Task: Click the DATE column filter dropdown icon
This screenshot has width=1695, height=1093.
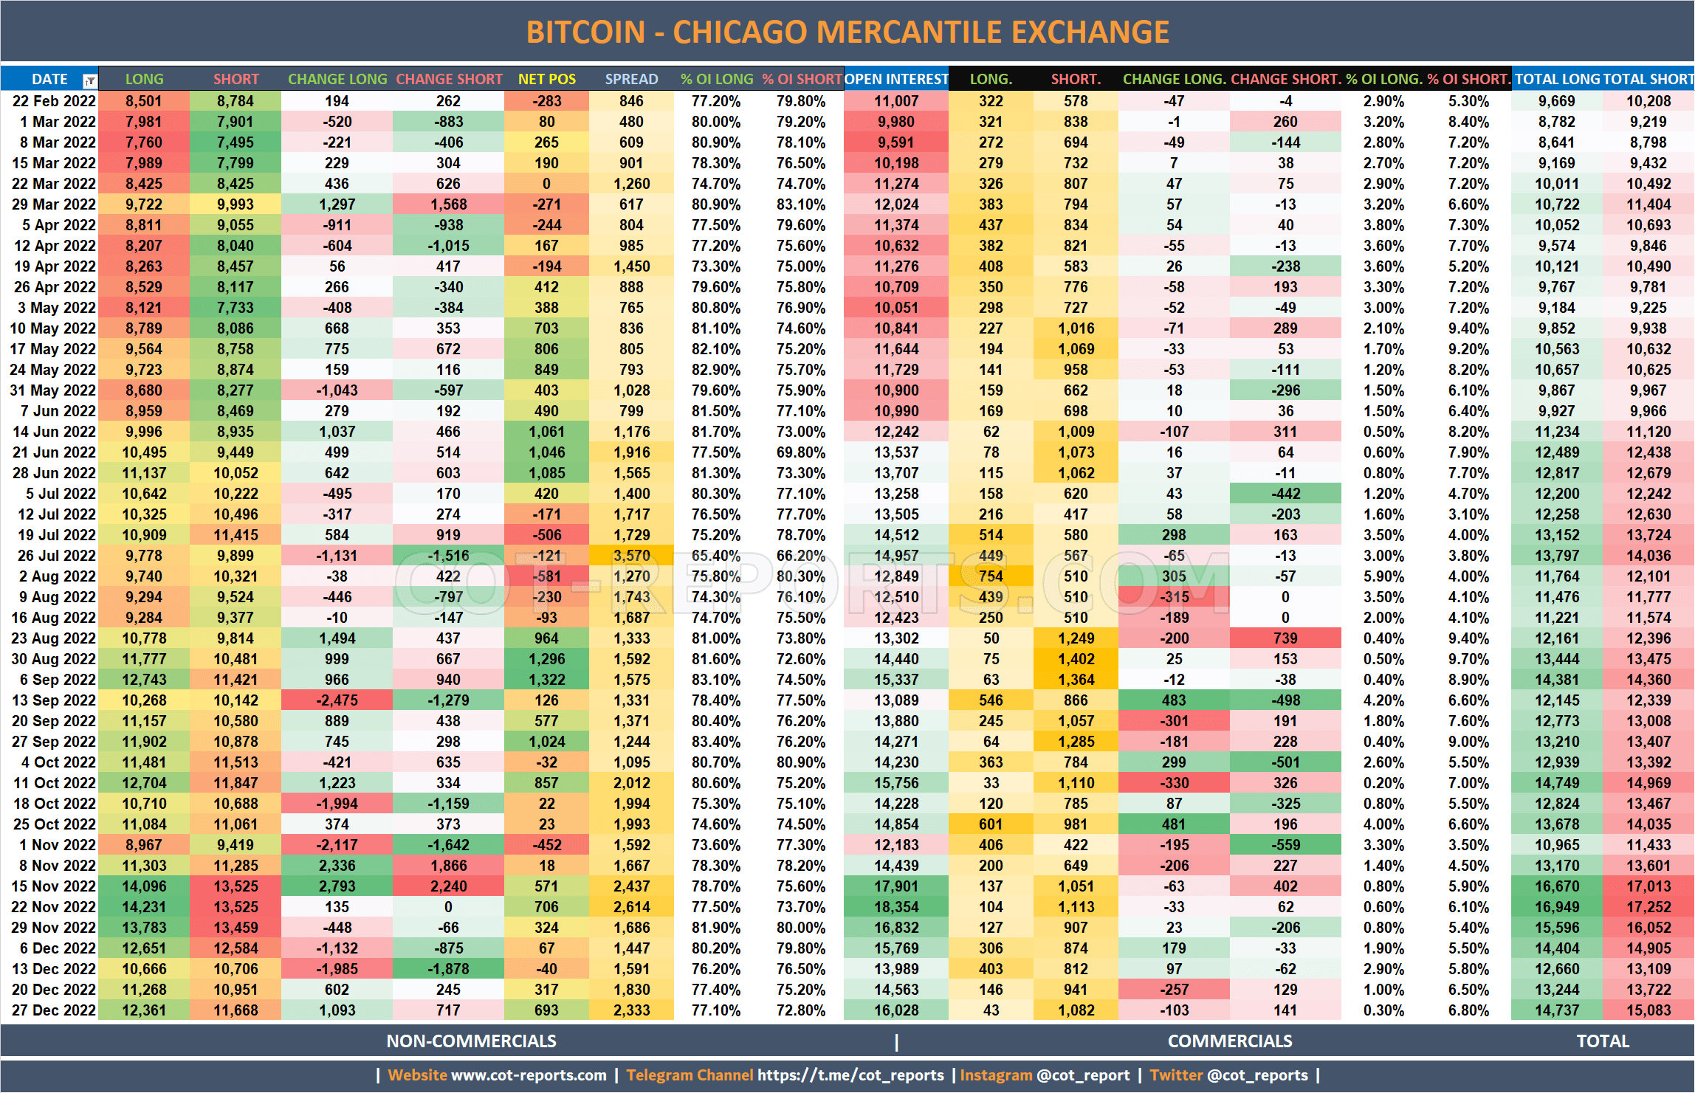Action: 89,80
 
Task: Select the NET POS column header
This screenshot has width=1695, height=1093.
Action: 546,79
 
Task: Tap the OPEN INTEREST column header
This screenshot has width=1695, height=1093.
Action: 895,79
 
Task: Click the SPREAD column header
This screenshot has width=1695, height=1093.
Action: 631,79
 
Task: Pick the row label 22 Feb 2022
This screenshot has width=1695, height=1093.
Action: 54,101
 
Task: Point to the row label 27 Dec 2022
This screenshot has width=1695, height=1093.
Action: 54,1010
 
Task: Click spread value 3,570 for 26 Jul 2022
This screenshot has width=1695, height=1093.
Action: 632,556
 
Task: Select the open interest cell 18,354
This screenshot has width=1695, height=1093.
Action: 896,907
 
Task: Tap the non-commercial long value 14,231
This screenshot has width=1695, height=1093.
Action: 144,907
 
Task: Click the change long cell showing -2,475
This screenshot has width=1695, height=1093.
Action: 337,700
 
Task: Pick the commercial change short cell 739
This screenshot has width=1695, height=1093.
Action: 1285,638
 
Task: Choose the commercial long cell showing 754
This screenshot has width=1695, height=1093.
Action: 991,576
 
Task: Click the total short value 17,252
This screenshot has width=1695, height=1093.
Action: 1648,907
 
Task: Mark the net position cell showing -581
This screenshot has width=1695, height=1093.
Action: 546,576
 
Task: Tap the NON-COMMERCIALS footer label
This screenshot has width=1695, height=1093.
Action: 471,1041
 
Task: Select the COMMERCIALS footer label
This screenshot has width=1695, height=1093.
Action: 1230,1041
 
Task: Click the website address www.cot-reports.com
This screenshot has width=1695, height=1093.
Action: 529,1075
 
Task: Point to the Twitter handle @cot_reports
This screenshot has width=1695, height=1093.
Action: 1257,1075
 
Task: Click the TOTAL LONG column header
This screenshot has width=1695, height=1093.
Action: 1557,79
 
